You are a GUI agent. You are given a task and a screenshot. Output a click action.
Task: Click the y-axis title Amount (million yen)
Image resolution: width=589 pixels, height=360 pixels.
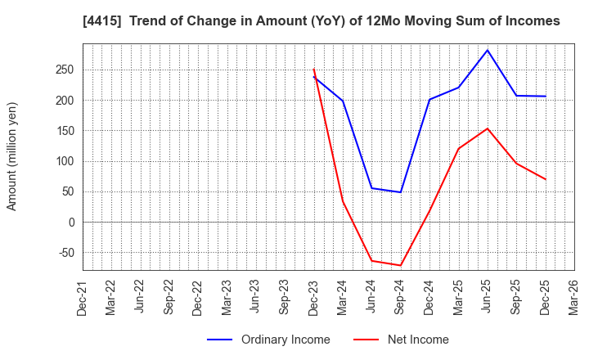click(12, 156)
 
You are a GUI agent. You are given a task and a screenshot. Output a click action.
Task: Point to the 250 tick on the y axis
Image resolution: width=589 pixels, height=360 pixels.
click(65, 70)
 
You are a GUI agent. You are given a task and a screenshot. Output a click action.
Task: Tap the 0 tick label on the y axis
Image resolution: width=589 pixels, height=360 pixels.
click(71, 223)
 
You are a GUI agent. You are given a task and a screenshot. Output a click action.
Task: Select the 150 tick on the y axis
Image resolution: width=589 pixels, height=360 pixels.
click(65, 131)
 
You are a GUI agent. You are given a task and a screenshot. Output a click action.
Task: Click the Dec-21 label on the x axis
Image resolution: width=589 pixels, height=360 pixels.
click(83, 298)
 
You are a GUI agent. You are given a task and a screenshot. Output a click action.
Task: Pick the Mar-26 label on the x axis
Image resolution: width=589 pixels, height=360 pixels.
click(574, 298)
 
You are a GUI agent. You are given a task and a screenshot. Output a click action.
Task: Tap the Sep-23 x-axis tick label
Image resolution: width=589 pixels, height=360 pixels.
click(285, 298)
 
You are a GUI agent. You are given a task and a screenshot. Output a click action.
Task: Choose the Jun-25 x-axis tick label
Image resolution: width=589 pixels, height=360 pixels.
click(488, 298)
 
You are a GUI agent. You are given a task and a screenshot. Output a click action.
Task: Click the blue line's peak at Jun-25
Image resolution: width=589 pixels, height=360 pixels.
click(488, 50)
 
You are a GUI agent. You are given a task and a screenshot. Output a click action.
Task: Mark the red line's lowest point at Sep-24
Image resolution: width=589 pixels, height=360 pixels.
click(401, 265)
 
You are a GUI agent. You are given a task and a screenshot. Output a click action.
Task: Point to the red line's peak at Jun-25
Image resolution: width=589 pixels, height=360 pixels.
click(488, 128)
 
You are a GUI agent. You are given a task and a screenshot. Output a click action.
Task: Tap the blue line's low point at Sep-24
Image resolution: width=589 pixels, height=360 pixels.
click(401, 192)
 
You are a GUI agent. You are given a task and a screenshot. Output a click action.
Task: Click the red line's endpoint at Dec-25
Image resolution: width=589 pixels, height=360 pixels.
click(546, 179)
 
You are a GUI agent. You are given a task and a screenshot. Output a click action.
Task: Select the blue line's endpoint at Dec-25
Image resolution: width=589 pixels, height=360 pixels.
click(546, 97)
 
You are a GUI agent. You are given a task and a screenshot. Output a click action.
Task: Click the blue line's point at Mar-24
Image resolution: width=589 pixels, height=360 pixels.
click(343, 101)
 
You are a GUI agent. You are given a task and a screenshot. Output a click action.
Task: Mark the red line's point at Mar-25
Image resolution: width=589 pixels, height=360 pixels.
click(459, 149)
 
